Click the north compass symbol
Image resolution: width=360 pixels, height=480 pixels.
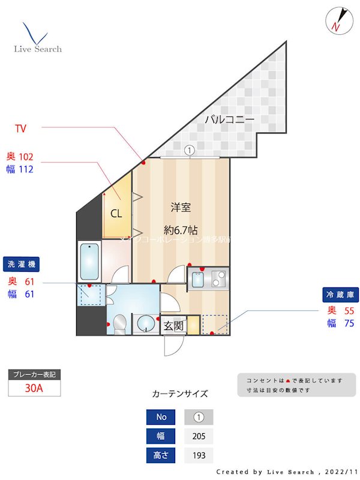tap(337, 20)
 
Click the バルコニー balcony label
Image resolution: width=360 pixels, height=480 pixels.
tap(230, 119)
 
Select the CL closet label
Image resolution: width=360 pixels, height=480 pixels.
tap(116, 213)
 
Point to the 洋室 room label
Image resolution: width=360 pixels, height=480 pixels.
tap(181, 208)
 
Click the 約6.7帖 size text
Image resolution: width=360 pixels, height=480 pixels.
tap(182, 230)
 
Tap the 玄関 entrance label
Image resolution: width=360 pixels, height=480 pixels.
tap(173, 326)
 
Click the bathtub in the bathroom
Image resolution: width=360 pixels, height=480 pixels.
tap(89, 261)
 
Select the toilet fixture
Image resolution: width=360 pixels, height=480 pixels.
tap(120, 323)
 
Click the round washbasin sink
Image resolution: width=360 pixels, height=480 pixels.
tap(145, 325)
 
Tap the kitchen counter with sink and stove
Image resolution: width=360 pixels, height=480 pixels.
tap(208, 280)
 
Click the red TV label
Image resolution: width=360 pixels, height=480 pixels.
tap(20, 128)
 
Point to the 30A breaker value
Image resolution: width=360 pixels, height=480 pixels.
tap(34, 388)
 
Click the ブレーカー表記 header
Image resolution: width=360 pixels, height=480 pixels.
tap(34, 374)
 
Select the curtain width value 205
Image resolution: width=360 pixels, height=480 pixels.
tap(199, 436)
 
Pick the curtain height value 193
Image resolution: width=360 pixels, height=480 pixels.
tap(199, 455)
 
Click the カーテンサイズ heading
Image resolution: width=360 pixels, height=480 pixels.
tap(180, 394)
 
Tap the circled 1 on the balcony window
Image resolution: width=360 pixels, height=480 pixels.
tap(190, 151)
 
